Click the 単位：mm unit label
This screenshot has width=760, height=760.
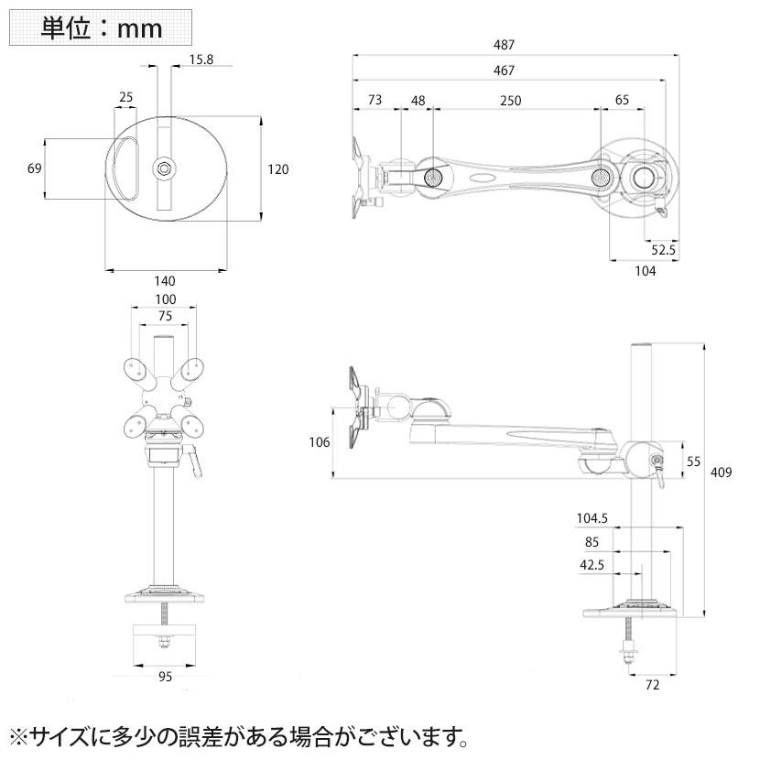[102, 27]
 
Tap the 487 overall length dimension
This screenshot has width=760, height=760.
[504, 44]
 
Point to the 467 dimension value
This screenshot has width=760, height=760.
[504, 71]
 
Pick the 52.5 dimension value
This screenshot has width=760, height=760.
[664, 249]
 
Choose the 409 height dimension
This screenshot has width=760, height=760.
[722, 472]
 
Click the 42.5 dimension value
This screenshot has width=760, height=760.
[592, 565]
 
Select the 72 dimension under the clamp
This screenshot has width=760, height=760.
[652, 684]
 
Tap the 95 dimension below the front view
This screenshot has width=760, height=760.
[166, 678]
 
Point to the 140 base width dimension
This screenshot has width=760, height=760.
[165, 281]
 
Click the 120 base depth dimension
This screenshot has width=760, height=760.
[278, 168]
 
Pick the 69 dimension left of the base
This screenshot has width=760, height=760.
[35, 168]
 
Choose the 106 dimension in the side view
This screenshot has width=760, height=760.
[320, 443]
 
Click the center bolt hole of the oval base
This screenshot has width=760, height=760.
[164, 168]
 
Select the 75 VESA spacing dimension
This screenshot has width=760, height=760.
[165, 316]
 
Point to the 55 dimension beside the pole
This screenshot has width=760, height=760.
[694, 462]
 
